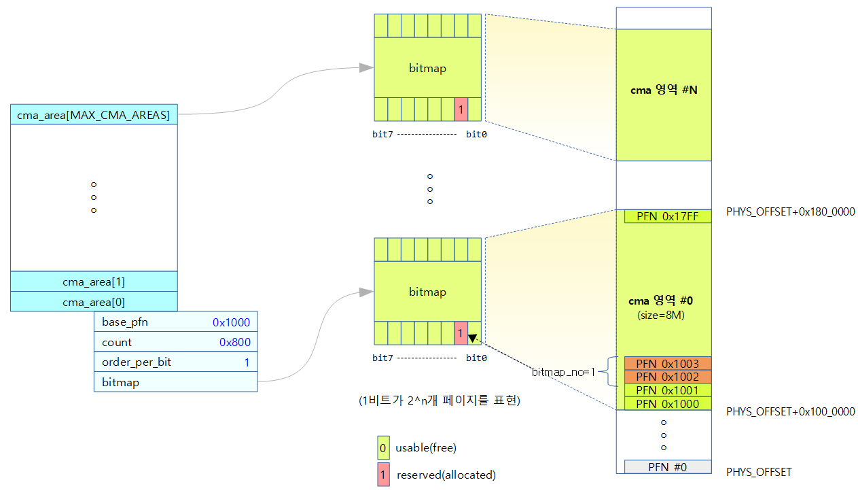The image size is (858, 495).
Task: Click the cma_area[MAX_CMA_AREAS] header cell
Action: (94, 114)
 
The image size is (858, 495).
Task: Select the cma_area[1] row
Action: (94, 281)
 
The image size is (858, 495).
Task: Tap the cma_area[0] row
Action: (94, 302)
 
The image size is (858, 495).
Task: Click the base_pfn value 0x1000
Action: (231, 322)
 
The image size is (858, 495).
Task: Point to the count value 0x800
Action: (235, 342)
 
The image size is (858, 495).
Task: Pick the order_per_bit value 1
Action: (247, 362)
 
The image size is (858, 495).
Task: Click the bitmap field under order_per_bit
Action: (176, 382)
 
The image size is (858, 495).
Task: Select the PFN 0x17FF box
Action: (668, 216)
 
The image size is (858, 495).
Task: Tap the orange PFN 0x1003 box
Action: (668, 363)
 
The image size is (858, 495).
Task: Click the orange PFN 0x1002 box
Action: (668, 377)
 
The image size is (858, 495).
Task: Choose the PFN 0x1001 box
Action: (668, 390)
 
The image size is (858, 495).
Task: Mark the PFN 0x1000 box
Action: (668, 403)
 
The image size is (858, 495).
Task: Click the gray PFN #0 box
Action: (668, 467)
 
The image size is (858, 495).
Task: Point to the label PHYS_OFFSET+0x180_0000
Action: (791, 211)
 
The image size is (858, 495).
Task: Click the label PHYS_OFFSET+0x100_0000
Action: (791, 411)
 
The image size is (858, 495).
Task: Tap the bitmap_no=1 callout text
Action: (563, 372)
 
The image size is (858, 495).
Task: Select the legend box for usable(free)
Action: (383, 447)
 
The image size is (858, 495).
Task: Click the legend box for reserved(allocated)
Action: (383, 475)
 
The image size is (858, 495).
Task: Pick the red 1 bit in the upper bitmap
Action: (461, 109)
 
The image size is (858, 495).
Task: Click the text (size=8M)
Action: (661, 315)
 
